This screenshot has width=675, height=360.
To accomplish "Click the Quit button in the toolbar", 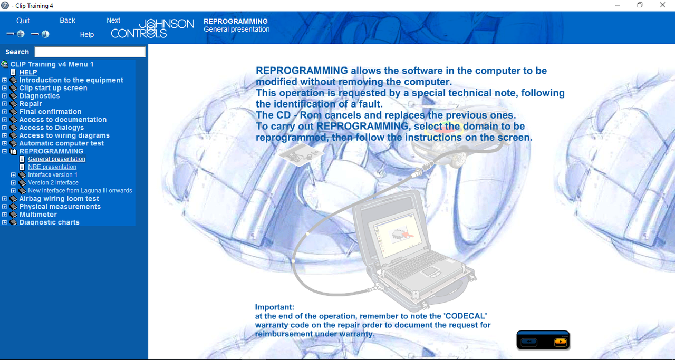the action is point(23,21).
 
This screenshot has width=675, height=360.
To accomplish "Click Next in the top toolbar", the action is point(113,20).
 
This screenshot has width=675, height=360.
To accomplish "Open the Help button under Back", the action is point(87,35).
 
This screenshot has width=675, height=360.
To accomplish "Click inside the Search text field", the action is point(90,52).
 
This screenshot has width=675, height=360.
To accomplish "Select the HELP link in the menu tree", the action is point(28,72).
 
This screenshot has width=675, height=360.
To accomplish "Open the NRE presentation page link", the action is point(52,167).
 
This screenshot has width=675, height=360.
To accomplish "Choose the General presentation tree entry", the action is point(56,159).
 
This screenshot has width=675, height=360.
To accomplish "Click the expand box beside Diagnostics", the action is point(5,96).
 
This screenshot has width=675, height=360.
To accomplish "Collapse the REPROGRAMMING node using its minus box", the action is point(5,151).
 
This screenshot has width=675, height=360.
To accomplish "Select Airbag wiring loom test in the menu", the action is point(59,199).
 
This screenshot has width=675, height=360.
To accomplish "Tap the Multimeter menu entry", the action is point(38,214).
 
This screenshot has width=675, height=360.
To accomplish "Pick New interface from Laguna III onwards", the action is point(80,190).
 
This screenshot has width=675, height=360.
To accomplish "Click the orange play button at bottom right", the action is point(561,342).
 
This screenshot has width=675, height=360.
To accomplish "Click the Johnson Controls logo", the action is point(152,28).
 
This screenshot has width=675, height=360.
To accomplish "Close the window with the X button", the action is point(662,5).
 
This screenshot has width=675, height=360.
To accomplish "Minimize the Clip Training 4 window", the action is point(618,5).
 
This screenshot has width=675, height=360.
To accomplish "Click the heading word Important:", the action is point(275,307).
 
